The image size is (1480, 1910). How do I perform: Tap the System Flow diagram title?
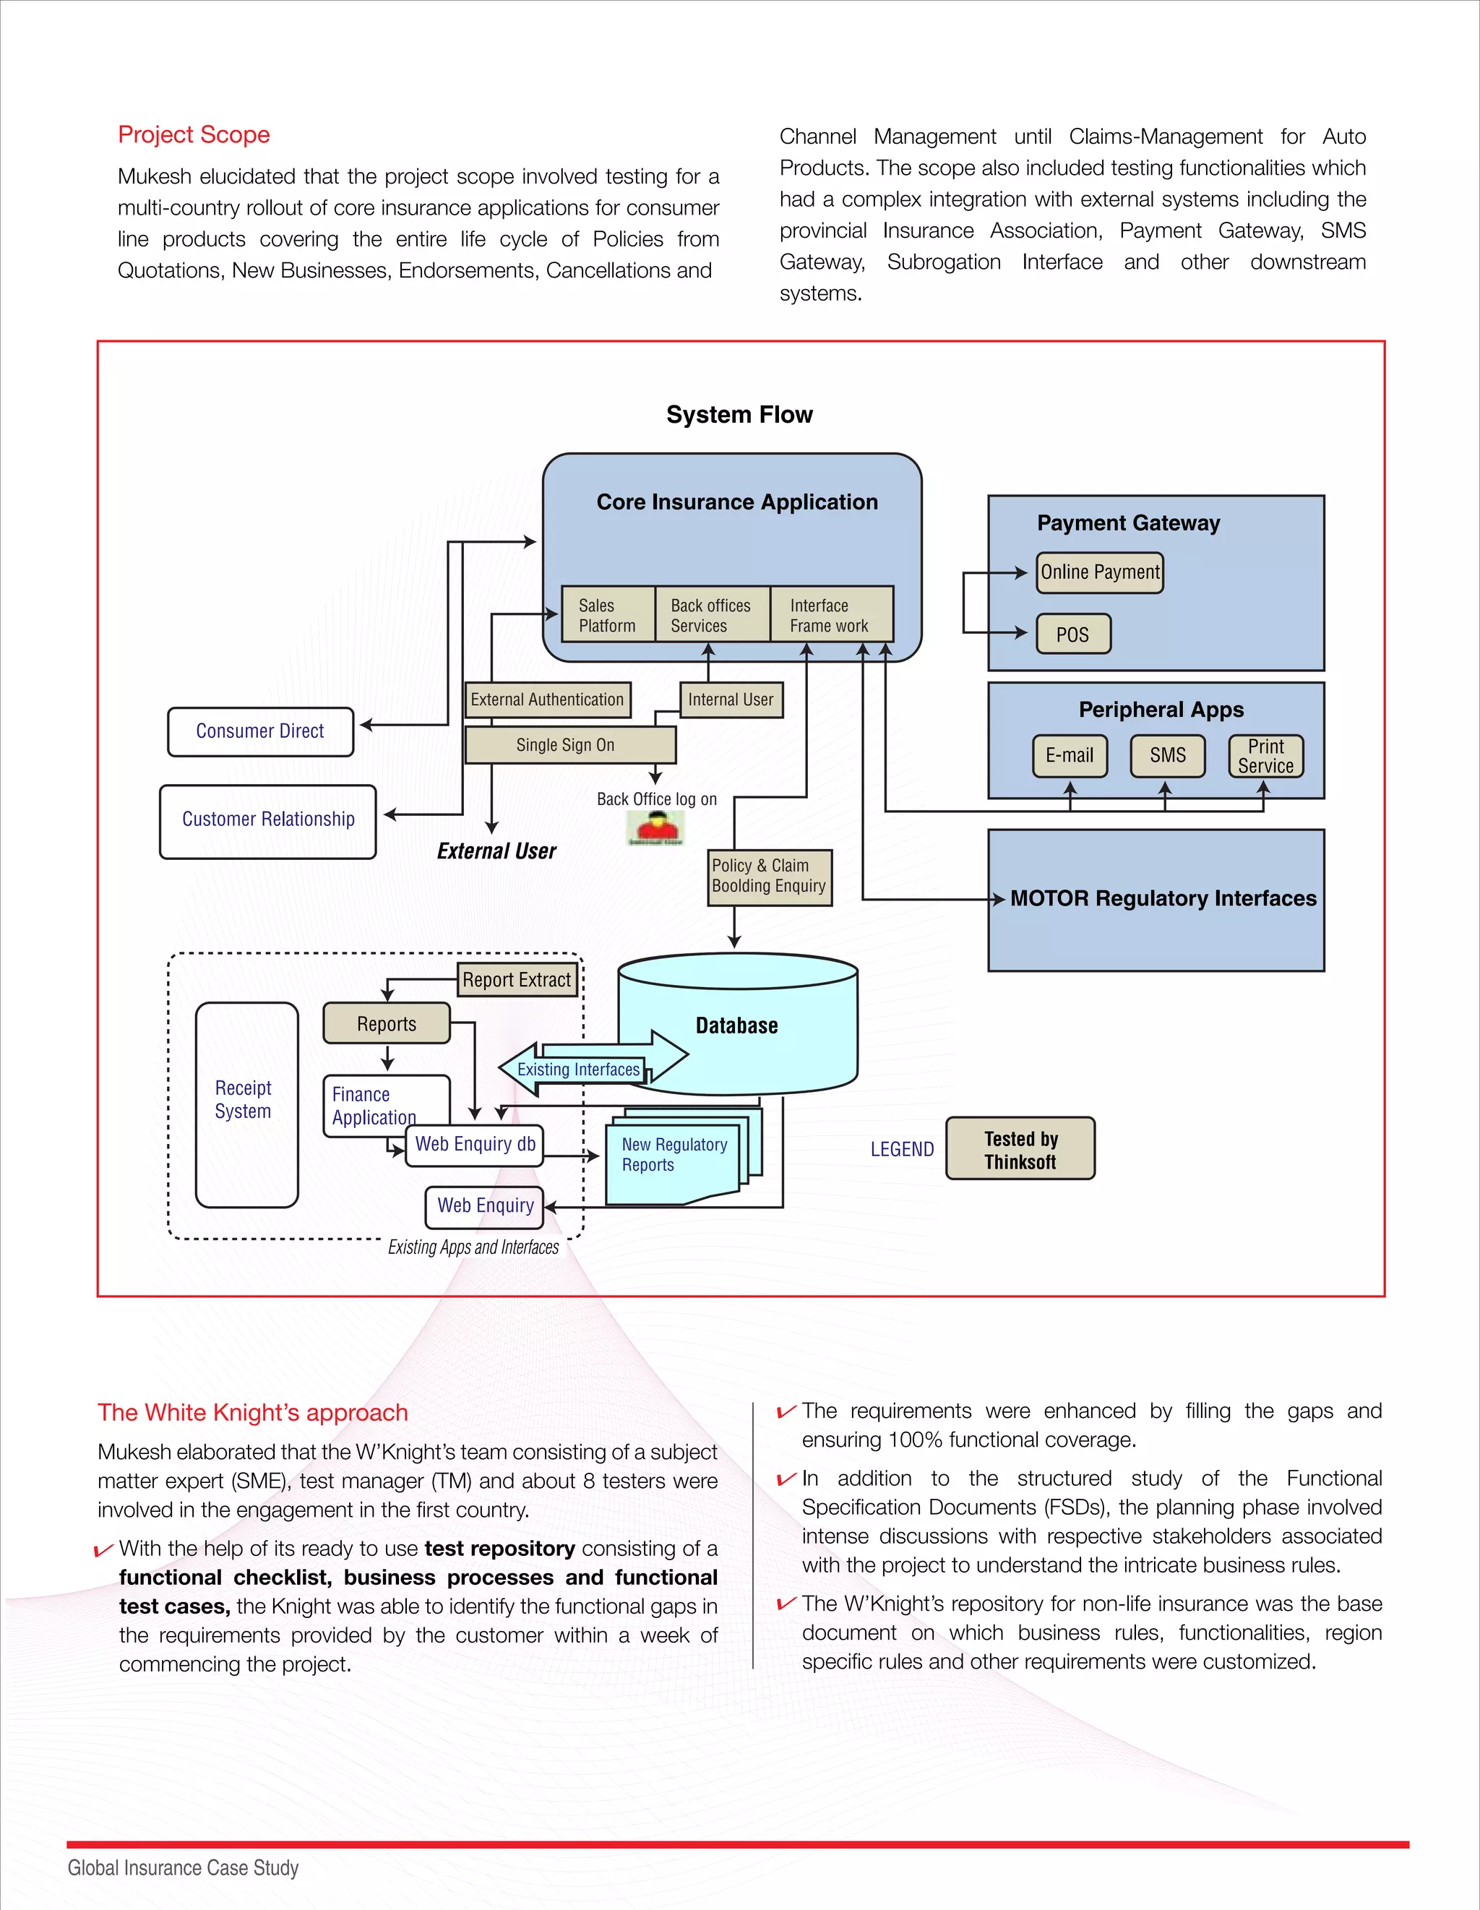[739, 415]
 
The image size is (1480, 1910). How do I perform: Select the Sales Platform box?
[607, 615]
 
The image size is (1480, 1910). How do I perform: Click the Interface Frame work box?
[831, 615]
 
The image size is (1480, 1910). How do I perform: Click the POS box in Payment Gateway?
[1072, 634]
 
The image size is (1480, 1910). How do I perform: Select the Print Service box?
[1265, 757]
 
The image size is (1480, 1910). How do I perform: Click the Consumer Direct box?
[259, 731]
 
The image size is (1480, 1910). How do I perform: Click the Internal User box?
[731, 700]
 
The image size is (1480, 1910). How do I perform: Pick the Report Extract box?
[517, 979]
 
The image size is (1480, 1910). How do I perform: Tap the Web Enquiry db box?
[475, 1145]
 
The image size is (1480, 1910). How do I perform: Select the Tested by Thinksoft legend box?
[1020, 1149]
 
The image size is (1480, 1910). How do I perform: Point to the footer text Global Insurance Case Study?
[183, 1868]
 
